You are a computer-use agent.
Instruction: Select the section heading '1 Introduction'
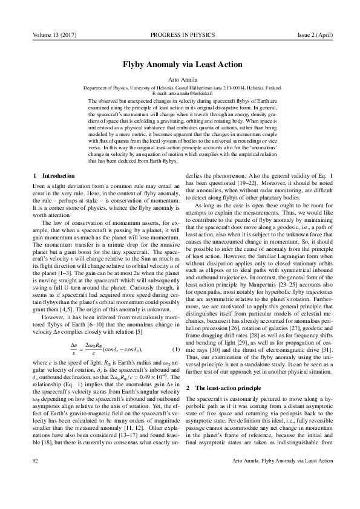coord(54,175)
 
